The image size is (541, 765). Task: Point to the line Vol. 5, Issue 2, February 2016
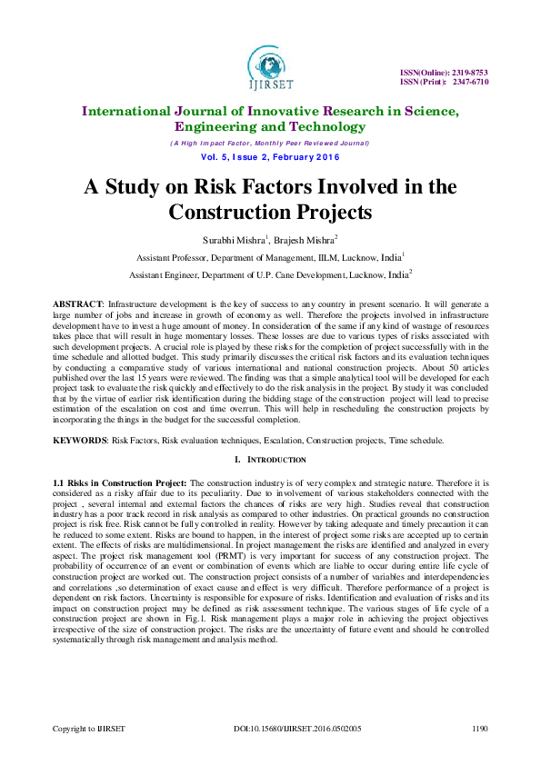pyautogui.click(x=270, y=158)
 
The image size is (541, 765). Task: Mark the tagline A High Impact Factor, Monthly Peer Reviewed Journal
pyautogui.click(x=270, y=144)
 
